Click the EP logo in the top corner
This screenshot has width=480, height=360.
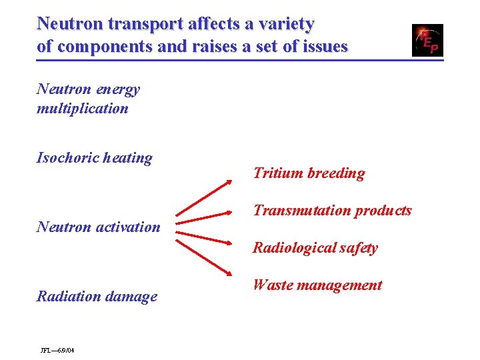[427, 40]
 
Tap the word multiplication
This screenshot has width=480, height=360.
[83, 108]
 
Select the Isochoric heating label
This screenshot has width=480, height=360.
[95, 158]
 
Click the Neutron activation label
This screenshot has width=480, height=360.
[99, 227]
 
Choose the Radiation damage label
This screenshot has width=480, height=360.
[97, 296]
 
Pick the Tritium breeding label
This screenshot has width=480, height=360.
[309, 173]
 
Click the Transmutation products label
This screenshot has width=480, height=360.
[332, 211]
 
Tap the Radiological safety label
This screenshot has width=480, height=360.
[315, 248]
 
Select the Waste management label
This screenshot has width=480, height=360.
[317, 285]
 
